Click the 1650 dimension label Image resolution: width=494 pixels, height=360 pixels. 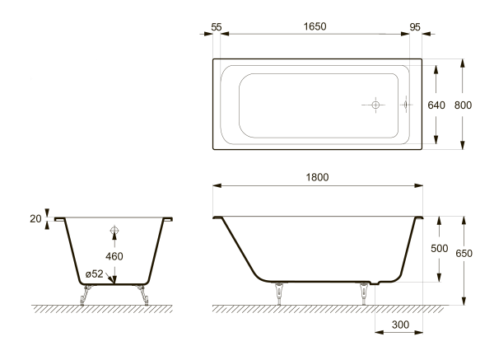(315, 26)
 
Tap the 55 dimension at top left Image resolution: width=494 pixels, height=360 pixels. (217, 27)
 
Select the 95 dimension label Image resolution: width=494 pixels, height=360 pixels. (415, 27)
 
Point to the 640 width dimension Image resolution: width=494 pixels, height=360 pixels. (436, 105)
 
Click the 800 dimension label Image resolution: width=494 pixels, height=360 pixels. (463, 105)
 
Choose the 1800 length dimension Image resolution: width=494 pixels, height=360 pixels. (317, 177)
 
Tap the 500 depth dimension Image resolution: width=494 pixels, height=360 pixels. (440, 249)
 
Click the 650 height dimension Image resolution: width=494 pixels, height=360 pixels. (464, 253)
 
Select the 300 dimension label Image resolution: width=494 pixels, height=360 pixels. (400, 325)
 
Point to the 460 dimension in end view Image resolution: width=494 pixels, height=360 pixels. (114, 256)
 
